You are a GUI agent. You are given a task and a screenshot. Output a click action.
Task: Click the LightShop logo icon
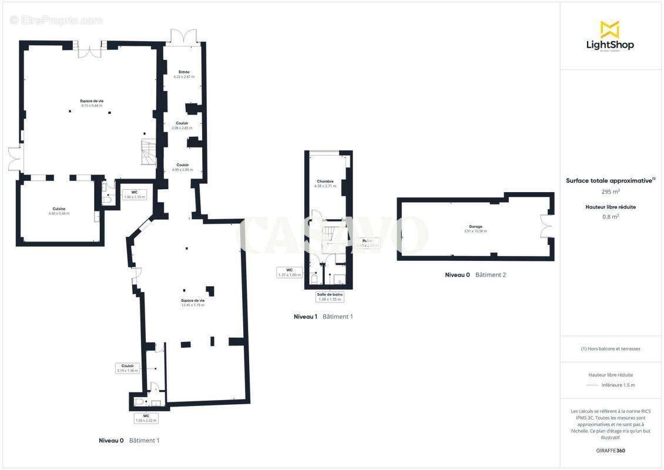tap(610, 29)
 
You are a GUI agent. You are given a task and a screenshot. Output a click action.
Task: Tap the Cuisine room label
tap(59, 211)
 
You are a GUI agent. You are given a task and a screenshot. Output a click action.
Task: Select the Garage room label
tap(475, 229)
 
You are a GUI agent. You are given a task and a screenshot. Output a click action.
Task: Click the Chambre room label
tap(325, 183)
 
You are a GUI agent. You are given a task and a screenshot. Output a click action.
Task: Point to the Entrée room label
tap(184, 74)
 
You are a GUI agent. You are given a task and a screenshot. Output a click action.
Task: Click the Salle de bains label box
tap(329, 297)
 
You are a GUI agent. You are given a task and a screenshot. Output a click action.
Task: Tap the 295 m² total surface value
tap(611, 192)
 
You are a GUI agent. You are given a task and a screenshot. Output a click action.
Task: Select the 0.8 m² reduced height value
tap(611, 216)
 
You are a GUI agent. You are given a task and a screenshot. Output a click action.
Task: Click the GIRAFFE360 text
tap(611, 451)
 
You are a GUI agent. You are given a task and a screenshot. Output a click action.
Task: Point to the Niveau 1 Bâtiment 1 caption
tap(323, 317)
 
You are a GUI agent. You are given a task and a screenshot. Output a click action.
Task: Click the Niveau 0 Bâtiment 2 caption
tap(475, 275)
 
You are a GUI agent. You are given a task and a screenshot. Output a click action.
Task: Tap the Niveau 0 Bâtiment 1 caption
tap(129, 440)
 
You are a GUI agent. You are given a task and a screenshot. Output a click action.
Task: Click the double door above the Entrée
tap(182, 36)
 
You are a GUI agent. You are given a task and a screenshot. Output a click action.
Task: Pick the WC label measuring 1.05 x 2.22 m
tap(146, 418)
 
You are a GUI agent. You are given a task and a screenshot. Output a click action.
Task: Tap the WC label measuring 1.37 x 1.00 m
tap(289, 272)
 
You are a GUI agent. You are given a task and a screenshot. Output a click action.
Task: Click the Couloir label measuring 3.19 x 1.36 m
tap(128, 368)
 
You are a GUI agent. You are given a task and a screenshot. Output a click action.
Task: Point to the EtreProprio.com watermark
tap(56, 20)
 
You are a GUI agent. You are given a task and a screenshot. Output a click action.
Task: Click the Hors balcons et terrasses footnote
tap(611, 349)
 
